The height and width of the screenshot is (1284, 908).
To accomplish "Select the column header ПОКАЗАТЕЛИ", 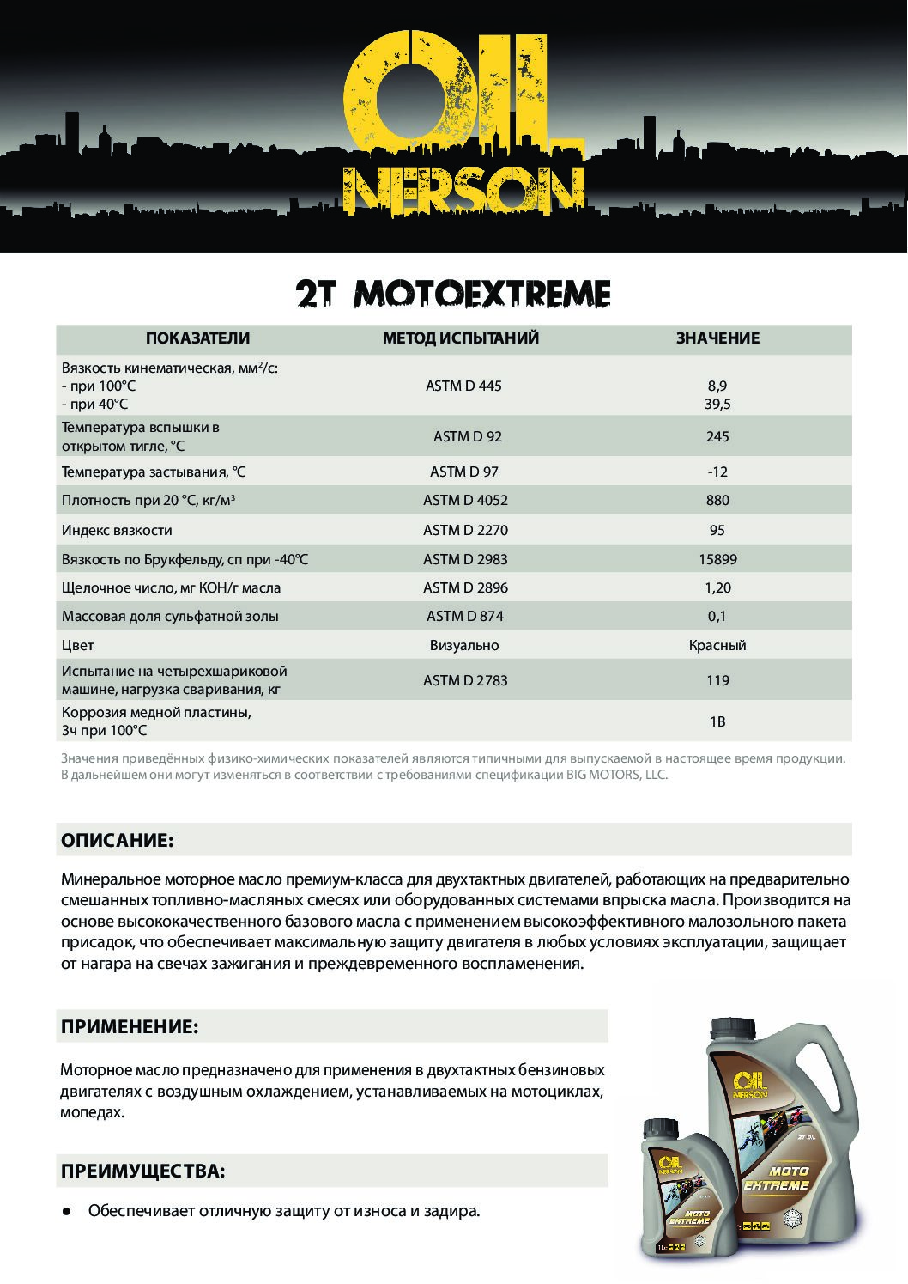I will [x=197, y=338].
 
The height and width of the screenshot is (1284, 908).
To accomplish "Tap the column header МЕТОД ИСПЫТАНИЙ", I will [x=461, y=338].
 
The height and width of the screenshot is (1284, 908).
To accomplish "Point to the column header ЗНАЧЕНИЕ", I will [x=717, y=338].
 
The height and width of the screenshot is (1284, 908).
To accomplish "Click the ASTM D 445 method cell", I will [x=463, y=386].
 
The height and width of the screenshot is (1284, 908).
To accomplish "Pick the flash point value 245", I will [x=717, y=436].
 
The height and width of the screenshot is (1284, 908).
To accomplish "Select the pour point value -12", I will [x=717, y=472].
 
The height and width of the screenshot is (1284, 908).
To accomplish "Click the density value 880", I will [x=717, y=500].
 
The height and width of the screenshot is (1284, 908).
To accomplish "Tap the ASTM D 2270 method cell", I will [x=465, y=530].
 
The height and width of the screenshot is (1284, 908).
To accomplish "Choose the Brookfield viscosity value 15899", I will [x=717, y=559].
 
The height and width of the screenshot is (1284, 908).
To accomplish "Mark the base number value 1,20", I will [x=717, y=588].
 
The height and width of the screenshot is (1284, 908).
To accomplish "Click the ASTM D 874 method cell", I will [x=465, y=616].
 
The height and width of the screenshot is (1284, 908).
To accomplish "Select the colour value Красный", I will [x=717, y=645].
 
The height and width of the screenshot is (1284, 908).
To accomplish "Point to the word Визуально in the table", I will [x=464, y=645].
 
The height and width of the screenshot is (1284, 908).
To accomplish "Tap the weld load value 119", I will [x=717, y=680].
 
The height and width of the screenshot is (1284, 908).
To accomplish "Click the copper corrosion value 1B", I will [x=717, y=721].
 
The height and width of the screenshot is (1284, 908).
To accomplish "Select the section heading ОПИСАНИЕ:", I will [x=117, y=840].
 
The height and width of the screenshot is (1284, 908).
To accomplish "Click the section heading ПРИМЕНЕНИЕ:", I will [x=130, y=1026].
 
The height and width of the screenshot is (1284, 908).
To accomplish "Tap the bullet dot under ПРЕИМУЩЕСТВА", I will [x=66, y=1212].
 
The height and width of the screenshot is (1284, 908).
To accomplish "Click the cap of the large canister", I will [x=732, y=1025].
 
